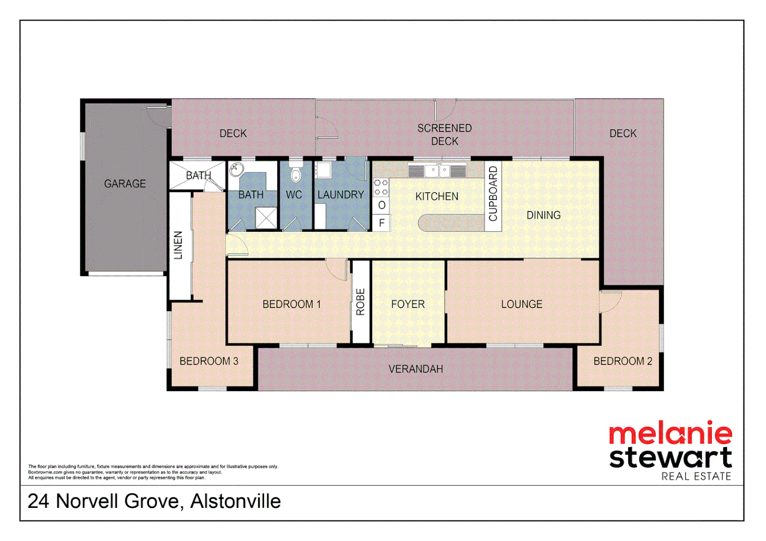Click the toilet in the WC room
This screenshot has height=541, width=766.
tap(296, 173)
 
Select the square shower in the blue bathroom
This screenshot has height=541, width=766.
tap(266, 218)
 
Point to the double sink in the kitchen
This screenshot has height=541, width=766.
tap(438, 171)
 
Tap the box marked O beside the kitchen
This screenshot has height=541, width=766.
tap(381, 205)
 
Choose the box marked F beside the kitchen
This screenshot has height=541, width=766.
tap(381, 223)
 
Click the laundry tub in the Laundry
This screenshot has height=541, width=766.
tap(323, 170)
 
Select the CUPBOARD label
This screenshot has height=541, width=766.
tap(493, 194)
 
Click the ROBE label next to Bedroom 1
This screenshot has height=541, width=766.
tap(360, 302)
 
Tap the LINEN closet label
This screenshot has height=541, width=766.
tap(178, 245)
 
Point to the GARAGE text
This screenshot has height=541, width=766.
tap(125, 184)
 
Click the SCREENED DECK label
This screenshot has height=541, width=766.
tap(445, 135)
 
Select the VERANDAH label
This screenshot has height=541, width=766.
tap(416, 369)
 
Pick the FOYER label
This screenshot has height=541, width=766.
tap(408, 304)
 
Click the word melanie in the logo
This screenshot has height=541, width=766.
tap(670, 434)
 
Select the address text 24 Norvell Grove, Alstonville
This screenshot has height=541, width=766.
tap(154, 501)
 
